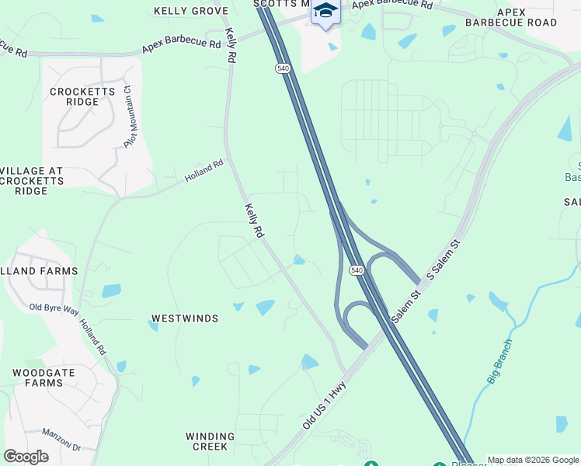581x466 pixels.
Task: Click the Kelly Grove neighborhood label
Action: (191, 11)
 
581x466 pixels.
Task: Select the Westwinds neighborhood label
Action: (185, 318)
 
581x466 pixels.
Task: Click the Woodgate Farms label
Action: (43, 377)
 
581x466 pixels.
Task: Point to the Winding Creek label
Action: (210, 441)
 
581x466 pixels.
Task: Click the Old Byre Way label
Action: (54, 308)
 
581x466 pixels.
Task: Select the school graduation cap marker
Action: (325, 12)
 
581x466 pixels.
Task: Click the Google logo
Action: (26, 457)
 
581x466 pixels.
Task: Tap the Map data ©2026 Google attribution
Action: (534, 460)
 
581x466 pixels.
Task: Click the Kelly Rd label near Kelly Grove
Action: (231, 45)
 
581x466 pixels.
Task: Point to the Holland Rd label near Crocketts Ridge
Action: (204, 172)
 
